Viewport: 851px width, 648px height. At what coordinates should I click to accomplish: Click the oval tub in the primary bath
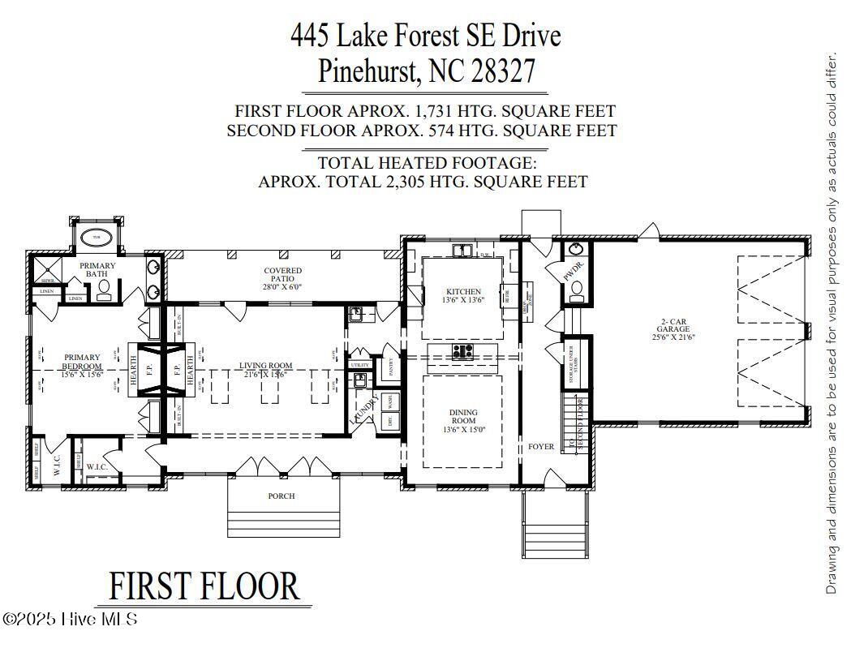coord(98,238)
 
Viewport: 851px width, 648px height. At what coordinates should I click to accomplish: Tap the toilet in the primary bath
coord(104,294)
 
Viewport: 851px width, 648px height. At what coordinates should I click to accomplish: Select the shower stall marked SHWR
coord(45,273)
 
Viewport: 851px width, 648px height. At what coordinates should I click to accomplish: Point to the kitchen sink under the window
coord(463,251)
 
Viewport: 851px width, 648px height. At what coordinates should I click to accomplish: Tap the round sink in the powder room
coord(576,249)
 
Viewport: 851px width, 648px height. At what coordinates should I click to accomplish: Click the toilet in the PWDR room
coord(577,290)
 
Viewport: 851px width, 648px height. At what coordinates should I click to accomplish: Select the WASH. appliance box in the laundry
coord(389,401)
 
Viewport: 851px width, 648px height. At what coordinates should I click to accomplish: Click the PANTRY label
coord(390,367)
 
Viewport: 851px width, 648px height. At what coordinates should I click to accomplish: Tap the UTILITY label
coord(359,365)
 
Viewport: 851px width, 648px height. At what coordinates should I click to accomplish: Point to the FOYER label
coord(541,447)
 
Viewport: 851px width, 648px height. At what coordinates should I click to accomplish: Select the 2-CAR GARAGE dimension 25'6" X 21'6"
coord(674,337)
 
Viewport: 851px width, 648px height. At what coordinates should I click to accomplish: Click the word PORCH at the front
coord(282,496)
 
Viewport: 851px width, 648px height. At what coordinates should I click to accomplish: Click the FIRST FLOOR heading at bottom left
coord(204,586)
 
